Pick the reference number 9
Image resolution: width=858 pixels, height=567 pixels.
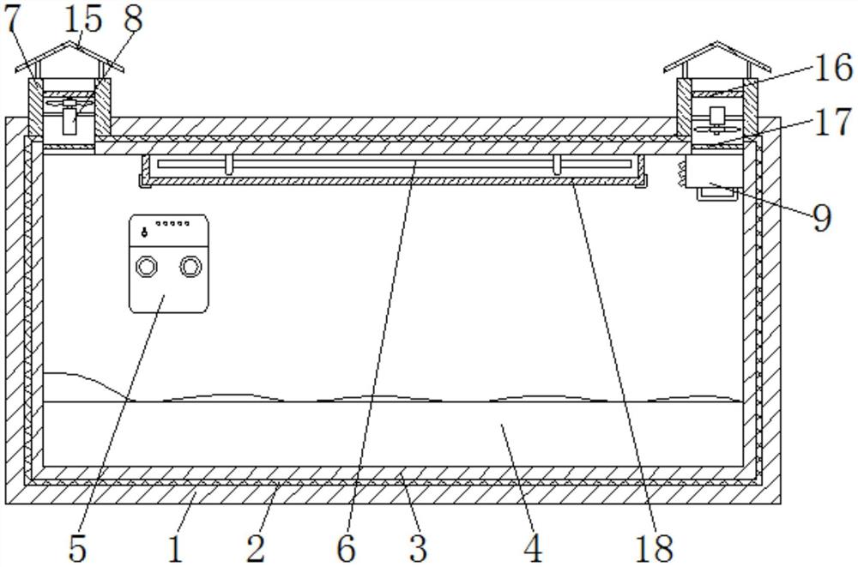821,218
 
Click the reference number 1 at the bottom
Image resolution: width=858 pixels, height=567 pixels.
175,547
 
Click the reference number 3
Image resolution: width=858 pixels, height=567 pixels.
418,547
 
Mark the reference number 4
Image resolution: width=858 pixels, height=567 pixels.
532,547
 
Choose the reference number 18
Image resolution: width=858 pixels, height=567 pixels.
654,547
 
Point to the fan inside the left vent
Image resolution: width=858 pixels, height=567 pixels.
69,108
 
